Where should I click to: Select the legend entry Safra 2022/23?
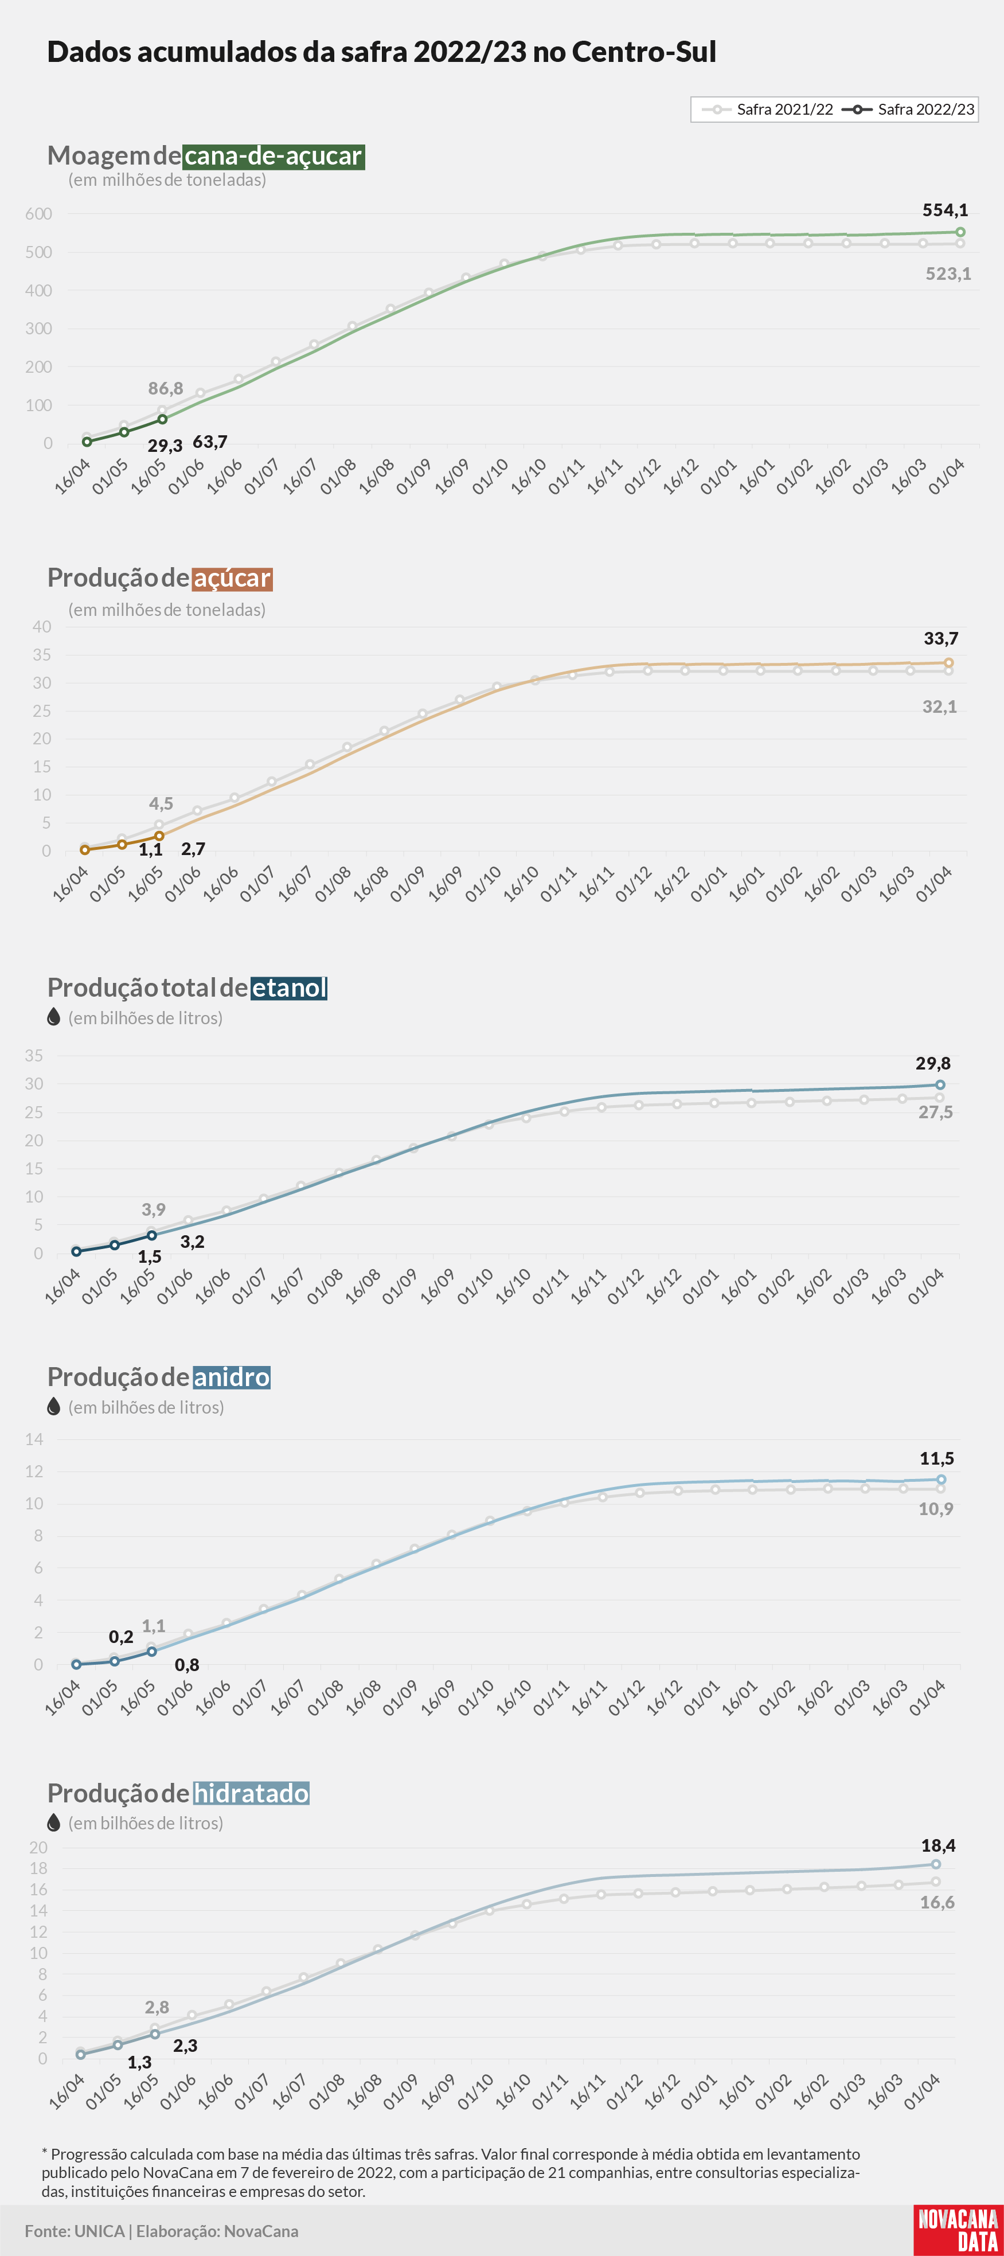click(909, 110)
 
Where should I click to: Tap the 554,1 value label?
click(946, 210)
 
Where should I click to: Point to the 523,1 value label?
click(948, 274)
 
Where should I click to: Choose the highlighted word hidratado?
click(251, 1794)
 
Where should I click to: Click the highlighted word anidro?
click(231, 1377)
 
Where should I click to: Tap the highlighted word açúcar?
click(232, 578)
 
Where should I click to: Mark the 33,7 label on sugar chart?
click(941, 638)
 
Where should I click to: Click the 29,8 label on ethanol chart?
click(933, 1063)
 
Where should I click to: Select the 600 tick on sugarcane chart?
click(38, 214)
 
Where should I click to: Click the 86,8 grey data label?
click(166, 388)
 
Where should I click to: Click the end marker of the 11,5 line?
click(941, 1479)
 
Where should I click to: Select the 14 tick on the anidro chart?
click(34, 1439)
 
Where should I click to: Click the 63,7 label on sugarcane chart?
click(210, 442)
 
